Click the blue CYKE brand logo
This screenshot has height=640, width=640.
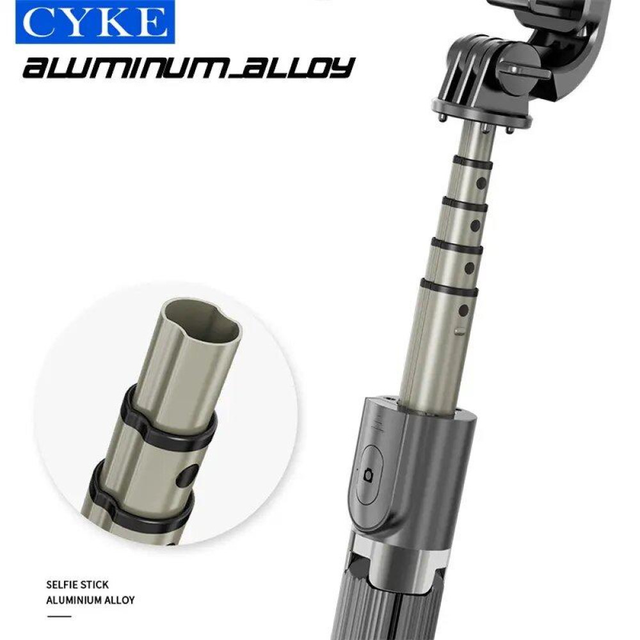(95, 22)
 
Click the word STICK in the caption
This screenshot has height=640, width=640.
(94, 585)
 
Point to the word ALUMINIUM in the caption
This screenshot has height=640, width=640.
(74, 600)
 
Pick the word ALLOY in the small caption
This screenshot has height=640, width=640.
(120, 600)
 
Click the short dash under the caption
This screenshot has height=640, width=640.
(59, 616)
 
